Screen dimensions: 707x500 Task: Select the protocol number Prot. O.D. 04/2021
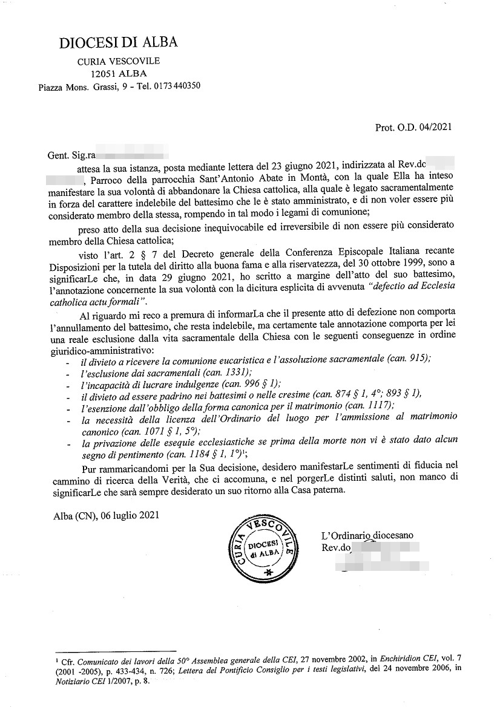pyautogui.click(x=413, y=127)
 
